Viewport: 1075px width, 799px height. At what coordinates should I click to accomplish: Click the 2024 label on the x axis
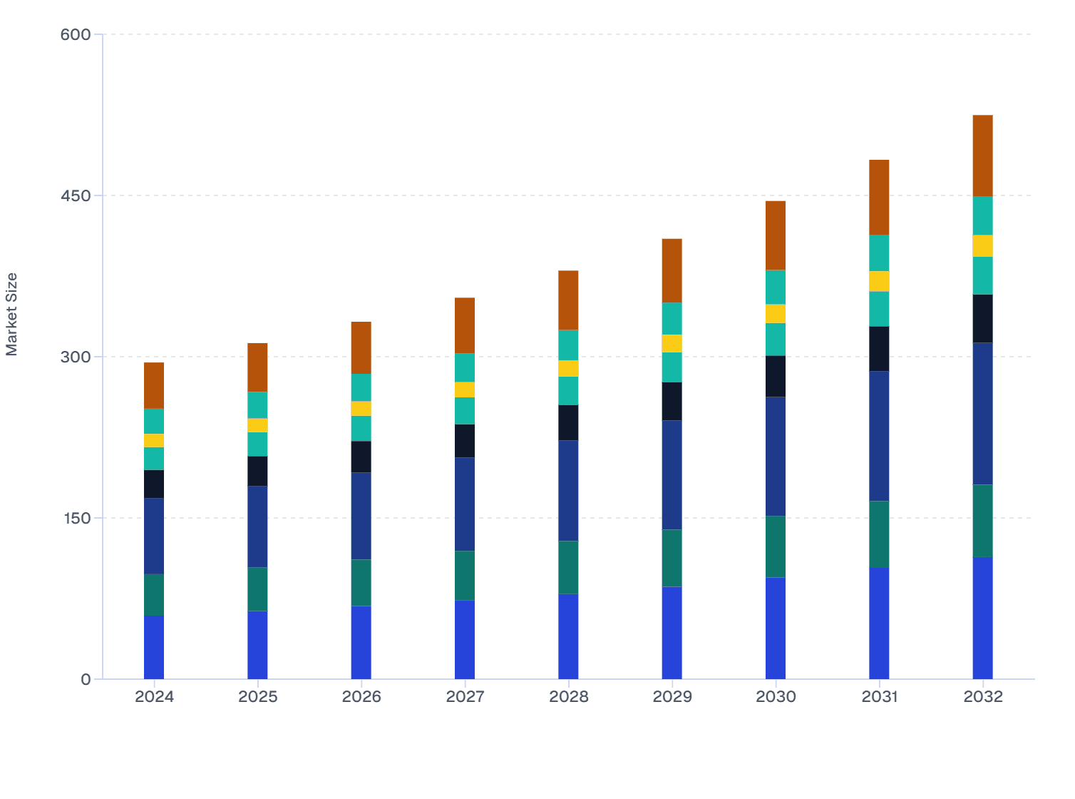[x=154, y=697]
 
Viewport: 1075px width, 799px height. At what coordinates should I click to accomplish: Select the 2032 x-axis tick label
[x=982, y=697]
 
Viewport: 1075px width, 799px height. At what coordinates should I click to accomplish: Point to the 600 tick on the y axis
[x=76, y=34]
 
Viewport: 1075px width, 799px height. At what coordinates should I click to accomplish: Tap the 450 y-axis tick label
[x=76, y=195]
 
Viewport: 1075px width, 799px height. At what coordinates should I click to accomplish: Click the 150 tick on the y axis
[x=76, y=518]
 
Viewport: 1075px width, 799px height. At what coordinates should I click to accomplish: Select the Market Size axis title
[x=12, y=314]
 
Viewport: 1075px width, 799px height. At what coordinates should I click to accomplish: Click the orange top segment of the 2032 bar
[x=982, y=156]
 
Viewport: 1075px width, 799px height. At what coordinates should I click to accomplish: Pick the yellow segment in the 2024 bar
[x=154, y=440]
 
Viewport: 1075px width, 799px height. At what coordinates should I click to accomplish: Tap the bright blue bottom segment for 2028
[x=568, y=636]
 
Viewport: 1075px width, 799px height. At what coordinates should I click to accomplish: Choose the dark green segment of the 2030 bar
[x=776, y=546]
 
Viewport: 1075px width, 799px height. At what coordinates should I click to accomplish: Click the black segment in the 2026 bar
[x=361, y=457]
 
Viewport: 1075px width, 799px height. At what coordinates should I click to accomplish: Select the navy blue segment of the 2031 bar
[x=879, y=436]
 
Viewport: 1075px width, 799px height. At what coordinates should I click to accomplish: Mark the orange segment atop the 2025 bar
[x=257, y=367]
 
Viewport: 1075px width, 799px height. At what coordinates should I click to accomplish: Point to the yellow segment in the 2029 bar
[x=672, y=343]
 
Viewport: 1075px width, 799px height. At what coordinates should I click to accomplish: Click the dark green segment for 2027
[x=465, y=576]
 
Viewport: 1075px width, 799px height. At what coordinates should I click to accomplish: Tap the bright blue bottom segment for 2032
[x=982, y=618]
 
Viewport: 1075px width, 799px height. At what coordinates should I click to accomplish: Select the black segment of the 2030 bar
[x=776, y=376]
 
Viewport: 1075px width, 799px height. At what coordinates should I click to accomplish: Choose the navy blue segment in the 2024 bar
[x=154, y=536]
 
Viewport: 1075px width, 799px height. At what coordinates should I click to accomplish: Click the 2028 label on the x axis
[x=568, y=697]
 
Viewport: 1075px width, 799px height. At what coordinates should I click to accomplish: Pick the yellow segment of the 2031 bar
[x=879, y=281]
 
